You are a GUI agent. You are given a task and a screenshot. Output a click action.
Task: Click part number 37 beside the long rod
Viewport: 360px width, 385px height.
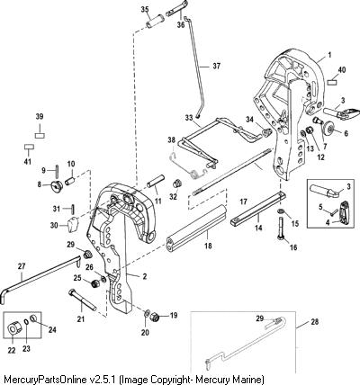tap(216, 66)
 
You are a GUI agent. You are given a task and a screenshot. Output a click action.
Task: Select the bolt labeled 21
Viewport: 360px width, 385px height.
tap(83, 300)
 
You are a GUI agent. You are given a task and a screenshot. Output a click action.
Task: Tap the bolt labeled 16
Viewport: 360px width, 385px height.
tap(280, 228)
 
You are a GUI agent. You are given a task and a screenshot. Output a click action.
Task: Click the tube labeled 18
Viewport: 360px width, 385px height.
tap(196, 228)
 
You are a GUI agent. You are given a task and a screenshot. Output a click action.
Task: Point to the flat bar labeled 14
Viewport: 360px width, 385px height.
tap(257, 208)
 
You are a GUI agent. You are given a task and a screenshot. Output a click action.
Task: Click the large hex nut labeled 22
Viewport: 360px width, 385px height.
tap(13, 330)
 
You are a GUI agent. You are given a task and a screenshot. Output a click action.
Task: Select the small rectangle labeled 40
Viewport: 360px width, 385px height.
tap(332, 82)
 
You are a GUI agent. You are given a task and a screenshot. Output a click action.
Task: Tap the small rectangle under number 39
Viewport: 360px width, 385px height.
tap(40, 136)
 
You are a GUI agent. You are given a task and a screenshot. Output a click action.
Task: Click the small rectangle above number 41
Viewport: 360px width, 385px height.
tap(29, 147)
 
